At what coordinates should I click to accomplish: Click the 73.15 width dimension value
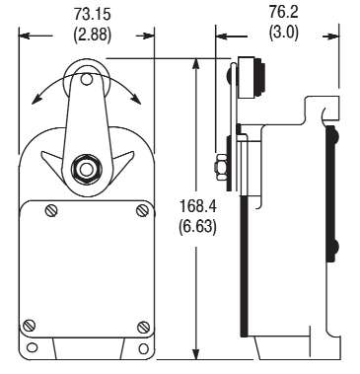pyautogui.click(x=87, y=14)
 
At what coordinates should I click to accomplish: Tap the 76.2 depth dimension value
pyautogui.click(x=279, y=14)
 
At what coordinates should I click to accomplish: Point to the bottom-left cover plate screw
pyautogui.click(x=30, y=327)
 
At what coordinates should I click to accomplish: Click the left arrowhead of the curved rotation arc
pyautogui.click(x=37, y=98)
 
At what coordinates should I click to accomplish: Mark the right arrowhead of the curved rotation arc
pyautogui.click(x=138, y=98)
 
